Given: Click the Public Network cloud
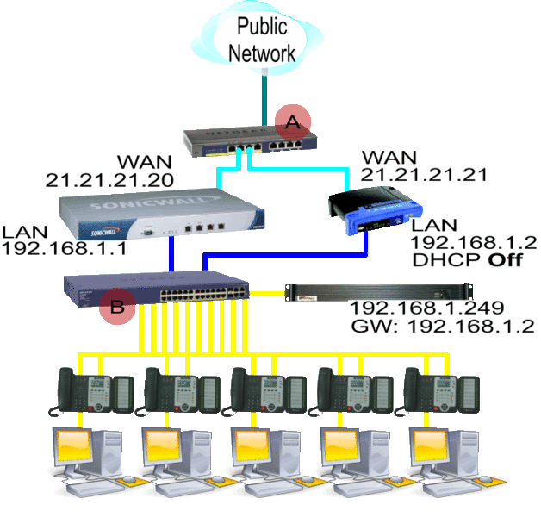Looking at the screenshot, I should [262, 39].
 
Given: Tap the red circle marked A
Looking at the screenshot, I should [292, 123].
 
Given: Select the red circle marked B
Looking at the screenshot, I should [116, 306].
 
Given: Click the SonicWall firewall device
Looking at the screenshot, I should [159, 216].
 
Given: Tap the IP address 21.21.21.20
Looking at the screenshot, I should [109, 180].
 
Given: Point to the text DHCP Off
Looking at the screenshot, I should [469, 260].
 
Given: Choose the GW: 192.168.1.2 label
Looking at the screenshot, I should [442, 326].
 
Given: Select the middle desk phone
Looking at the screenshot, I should [265, 389].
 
